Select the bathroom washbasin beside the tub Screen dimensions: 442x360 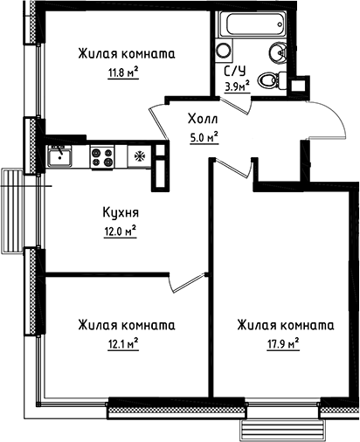coord(224,50)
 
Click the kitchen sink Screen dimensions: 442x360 coord(61,157)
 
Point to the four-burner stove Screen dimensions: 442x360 coord(103,157)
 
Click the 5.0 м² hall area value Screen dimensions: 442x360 coord(203,135)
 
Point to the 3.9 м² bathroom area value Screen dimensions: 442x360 coord(237,86)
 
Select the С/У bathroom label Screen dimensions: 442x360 coord(236,72)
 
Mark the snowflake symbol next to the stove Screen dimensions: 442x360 coord(139,157)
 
